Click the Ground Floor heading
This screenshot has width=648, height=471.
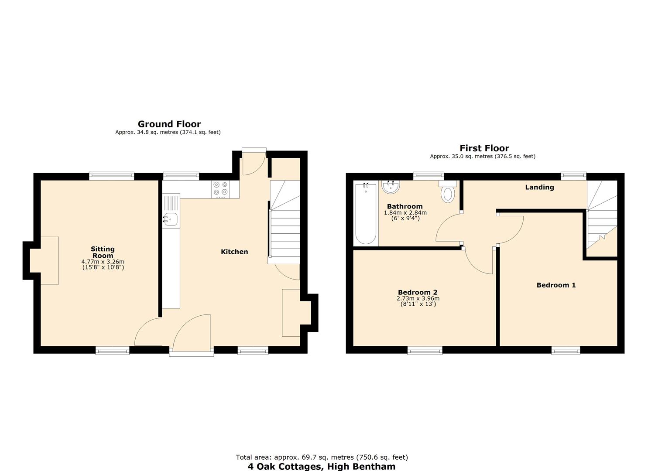169,124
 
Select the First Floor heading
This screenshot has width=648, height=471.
484,148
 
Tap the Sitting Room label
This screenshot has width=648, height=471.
103,252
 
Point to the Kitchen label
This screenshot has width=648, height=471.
234,252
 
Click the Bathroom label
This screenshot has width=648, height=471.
405,207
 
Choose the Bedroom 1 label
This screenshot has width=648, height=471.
556,285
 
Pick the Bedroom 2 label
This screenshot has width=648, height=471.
418,293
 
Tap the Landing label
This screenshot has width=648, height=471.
539,187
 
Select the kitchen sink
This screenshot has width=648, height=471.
171,219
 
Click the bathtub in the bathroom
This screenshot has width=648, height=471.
365,214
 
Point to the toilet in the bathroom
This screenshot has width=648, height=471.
448,192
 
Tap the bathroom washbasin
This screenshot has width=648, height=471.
391,187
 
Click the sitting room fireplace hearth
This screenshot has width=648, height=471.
47,260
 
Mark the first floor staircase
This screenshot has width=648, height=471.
602,218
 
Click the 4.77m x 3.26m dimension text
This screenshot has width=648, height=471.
103,262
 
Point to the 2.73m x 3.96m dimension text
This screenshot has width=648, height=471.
418,299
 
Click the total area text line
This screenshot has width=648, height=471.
322,457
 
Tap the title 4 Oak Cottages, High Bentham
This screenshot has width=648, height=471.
322,466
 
